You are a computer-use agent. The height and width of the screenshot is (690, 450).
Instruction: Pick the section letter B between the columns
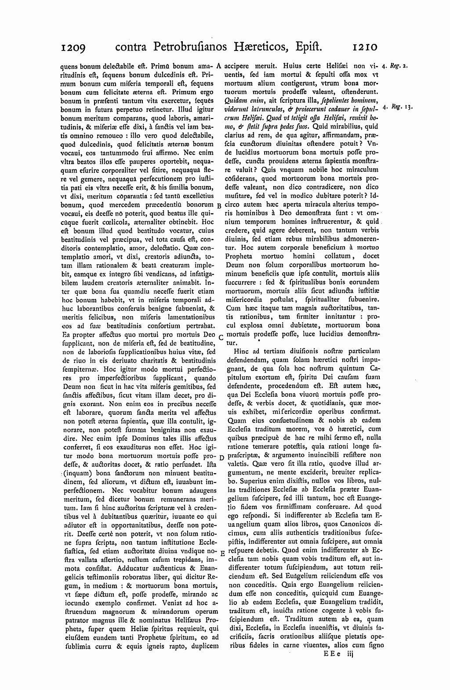(219, 205)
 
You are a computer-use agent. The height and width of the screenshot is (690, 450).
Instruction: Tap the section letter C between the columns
(220, 337)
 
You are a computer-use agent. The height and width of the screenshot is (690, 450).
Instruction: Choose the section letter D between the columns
(221, 458)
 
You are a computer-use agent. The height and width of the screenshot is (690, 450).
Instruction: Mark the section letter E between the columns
(222, 553)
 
